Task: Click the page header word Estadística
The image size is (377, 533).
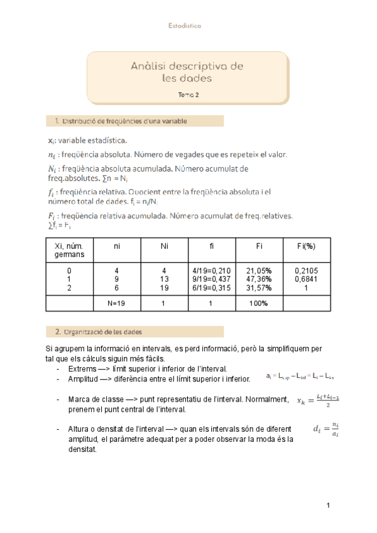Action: (x=184, y=26)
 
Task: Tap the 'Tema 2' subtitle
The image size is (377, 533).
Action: (x=188, y=94)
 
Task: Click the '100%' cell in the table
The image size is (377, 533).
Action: (x=259, y=303)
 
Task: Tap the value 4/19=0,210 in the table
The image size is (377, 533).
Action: (x=213, y=270)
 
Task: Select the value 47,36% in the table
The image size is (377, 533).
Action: (x=259, y=278)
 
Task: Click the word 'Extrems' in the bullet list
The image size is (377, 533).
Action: (x=81, y=368)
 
